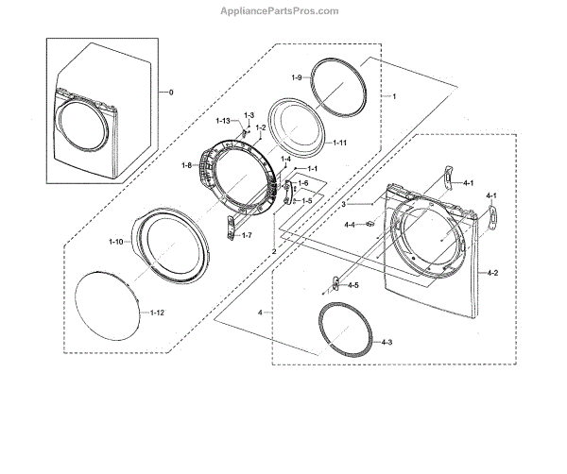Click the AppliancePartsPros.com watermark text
[280, 11]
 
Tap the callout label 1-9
[297, 77]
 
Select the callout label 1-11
[340, 143]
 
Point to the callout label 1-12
[157, 313]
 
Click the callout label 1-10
[116, 242]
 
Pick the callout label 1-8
[186, 165]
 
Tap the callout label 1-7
[247, 235]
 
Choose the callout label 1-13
[223, 121]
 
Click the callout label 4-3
[387, 342]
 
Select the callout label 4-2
[492, 273]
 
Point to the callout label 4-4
[350, 225]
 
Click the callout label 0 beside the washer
[171, 93]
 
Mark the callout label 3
[344, 204]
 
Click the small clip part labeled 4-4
[369, 224]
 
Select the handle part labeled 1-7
[231, 228]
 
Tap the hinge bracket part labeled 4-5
[335, 283]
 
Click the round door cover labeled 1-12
[107, 306]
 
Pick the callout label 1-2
[261, 127]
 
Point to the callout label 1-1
[313, 168]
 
